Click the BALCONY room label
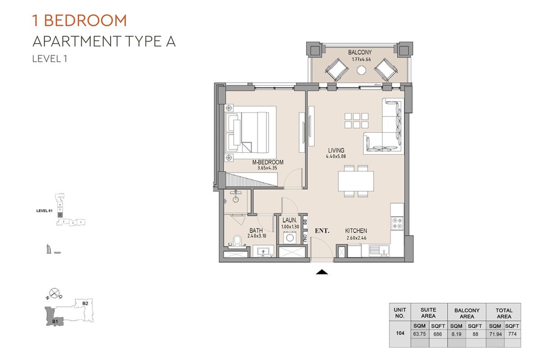(360, 53)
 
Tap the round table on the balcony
(361, 70)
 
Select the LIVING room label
(336, 151)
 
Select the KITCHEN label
(356, 231)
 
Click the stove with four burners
(397, 224)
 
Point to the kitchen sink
(377, 250)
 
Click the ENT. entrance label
(322, 231)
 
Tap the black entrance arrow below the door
(322, 272)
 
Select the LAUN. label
(289, 220)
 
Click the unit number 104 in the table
(400, 333)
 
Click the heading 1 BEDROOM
(80, 21)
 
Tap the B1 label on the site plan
(54, 321)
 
